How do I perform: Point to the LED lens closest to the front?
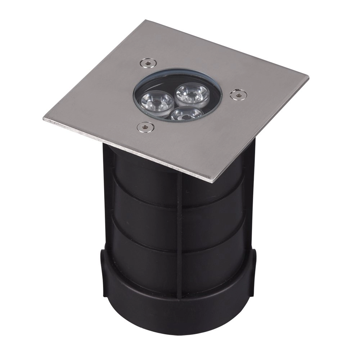(x=186, y=114)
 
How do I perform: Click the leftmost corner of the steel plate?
(x=44, y=118)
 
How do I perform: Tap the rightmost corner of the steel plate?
(x=308, y=78)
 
